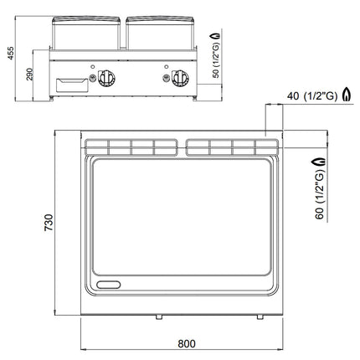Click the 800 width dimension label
click(187, 343)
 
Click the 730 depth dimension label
click(49, 223)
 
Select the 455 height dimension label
click(10, 53)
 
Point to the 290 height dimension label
click(29, 75)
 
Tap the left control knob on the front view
click(106, 78)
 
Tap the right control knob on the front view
click(180, 78)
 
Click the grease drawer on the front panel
click(72, 85)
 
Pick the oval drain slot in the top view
click(109, 285)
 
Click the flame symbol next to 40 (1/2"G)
click(347, 94)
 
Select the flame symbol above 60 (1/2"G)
click(320, 162)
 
